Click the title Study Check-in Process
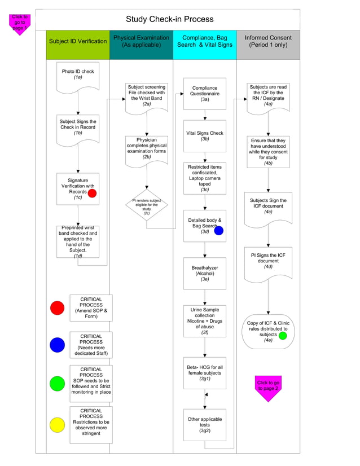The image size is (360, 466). click(169, 19)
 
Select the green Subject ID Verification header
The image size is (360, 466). click(78, 41)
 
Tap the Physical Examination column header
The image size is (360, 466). click(141, 41)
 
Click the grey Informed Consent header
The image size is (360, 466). click(268, 41)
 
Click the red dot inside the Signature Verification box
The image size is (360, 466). click(92, 193)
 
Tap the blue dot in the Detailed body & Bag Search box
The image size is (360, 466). click(219, 230)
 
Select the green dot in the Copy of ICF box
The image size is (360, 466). click(283, 336)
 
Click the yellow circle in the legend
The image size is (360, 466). click(58, 425)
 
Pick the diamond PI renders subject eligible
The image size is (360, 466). click(146, 205)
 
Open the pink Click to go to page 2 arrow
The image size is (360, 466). click(267, 387)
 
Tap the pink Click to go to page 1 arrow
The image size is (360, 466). click(20, 24)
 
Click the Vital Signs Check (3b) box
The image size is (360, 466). click(204, 136)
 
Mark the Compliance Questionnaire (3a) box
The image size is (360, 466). click(204, 94)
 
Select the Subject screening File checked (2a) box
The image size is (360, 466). click(146, 96)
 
